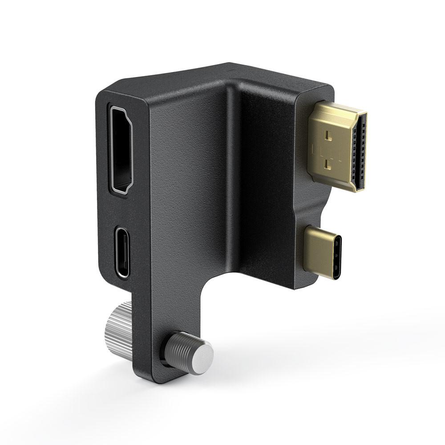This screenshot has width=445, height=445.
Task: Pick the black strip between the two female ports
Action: [x=121, y=209]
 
